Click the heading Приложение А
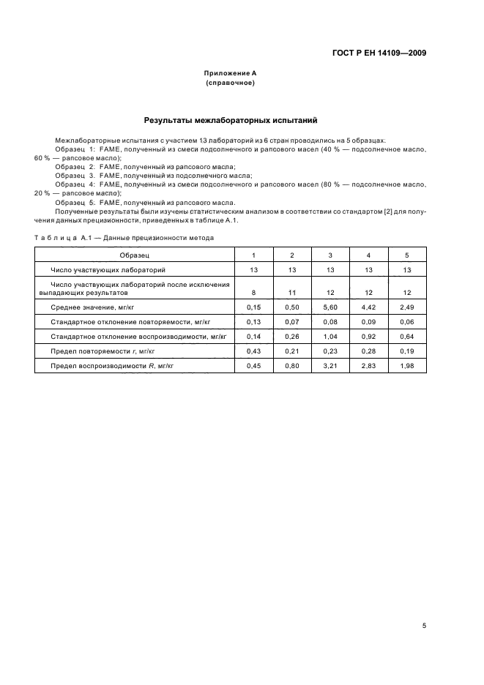click(x=230, y=74)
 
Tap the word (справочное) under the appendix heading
click(x=230, y=83)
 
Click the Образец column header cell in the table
click(x=134, y=255)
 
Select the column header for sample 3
click(x=330, y=255)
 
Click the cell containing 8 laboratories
click(x=253, y=292)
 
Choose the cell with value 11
click(x=292, y=292)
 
